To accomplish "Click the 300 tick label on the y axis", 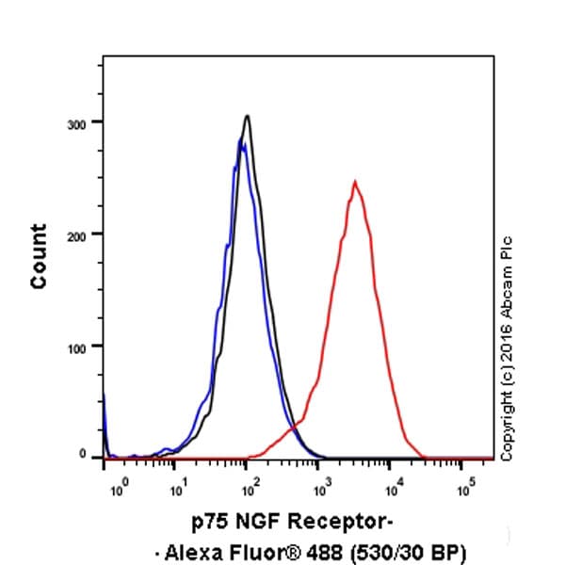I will pyautogui.click(x=83, y=123).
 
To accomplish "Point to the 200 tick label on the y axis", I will pyautogui.click(x=83, y=234).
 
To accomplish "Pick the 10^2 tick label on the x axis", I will pyautogui.click(x=249, y=490).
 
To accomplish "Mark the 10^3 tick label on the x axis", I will pyautogui.click(x=321, y=490).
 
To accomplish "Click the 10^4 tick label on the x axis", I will pyautogui.click(x=394, y=490).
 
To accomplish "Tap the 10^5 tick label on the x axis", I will pyautogui.click(x=465, y=490).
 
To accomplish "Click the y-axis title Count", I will pyautogui.click(x=39, y=255).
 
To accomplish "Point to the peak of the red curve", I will pyautogui.click(x=354, y=182).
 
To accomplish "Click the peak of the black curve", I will pyautogui.click(x=247, y=117).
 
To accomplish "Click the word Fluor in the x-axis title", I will pyautogui.click(x=245, y=549).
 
